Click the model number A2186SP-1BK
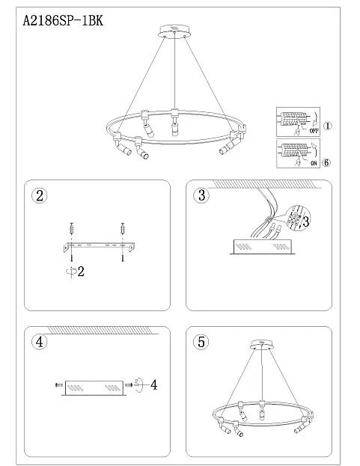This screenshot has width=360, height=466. tap(63, 21)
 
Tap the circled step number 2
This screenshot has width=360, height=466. tap(39, 195)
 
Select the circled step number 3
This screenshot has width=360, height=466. tap(201, 195)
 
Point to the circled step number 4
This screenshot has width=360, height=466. tap(39, 342)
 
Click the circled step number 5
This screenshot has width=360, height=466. tap(201, 342)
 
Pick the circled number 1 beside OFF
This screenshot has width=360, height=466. tap(327, 126)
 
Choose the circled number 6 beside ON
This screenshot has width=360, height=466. tap(326, 162)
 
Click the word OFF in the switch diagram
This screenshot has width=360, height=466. tap(314, 131)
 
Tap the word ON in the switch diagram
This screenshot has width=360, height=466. tap(314, 163)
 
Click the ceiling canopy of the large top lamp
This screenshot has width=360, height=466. tap(174, 31)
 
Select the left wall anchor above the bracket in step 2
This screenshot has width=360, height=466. tap(71, 229)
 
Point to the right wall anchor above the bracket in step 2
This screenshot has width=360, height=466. tap(122, 229)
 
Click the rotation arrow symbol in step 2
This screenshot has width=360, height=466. tap(71, 271)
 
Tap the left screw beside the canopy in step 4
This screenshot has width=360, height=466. tap(59, 385)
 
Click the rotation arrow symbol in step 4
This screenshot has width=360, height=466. tap(138, 385)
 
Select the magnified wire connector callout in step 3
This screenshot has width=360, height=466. tap(298, 218)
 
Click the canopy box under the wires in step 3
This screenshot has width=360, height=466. tap(263, 247)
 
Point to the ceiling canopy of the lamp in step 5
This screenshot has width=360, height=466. tap(261, 344)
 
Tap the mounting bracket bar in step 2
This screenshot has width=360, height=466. tap(99, 247)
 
